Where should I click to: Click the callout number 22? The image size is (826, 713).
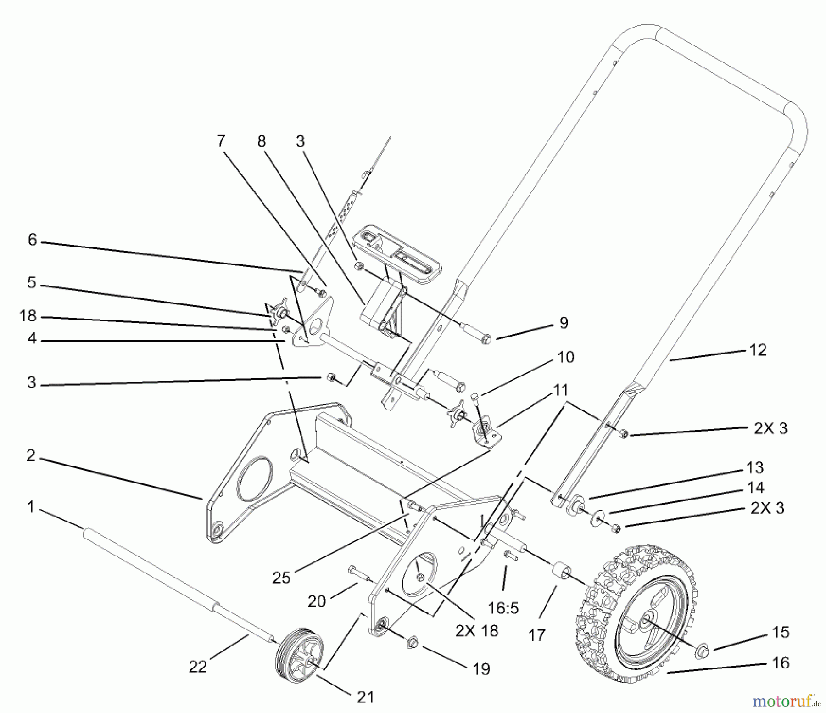tap(198, 666)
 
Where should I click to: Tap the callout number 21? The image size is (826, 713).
tap(365, 697)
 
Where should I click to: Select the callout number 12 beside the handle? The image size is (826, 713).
tap(758, 350)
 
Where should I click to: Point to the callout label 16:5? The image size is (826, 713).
tap(503, 608)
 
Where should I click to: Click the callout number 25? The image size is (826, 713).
tap(281, 578)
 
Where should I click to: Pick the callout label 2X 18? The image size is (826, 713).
tap(477, 630)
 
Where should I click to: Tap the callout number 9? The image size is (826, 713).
tap(563, 323)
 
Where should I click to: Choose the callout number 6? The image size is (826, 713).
tap(32, 239)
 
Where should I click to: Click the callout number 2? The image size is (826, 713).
tap(31, 456)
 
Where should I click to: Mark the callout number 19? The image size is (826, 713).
tap(481, 669)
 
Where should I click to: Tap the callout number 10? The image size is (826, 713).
tap(565, 357)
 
